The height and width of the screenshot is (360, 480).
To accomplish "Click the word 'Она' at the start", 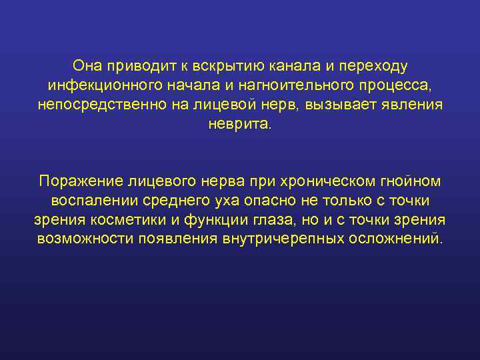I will pos(88,67).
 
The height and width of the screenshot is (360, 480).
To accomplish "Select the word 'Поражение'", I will pos(77,181).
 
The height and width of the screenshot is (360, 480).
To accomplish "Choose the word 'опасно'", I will pos(270,201).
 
